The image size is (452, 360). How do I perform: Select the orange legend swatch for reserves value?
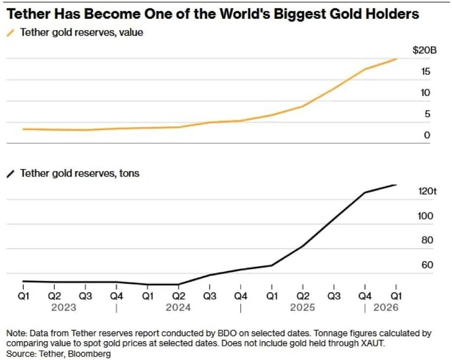point(10,33)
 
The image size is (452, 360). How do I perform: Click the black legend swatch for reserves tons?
point(10,174)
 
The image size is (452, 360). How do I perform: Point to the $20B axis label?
point(424,50)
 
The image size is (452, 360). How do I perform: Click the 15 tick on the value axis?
point(425,72)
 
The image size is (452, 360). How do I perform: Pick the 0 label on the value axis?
point(427,135)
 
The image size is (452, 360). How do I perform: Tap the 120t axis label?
point(427,191)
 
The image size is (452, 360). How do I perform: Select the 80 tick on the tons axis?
point(427,240)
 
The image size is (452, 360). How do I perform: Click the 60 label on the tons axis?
point(427,265)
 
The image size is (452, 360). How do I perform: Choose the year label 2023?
point(64,308)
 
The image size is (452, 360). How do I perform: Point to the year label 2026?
point(386,308)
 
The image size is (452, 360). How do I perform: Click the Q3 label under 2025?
point(334,296)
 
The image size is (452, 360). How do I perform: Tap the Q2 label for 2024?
point(179,296)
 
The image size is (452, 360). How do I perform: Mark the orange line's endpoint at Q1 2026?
point(397,59)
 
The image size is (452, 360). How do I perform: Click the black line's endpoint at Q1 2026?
point(396,185)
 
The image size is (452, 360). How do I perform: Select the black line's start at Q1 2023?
point(23,281)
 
